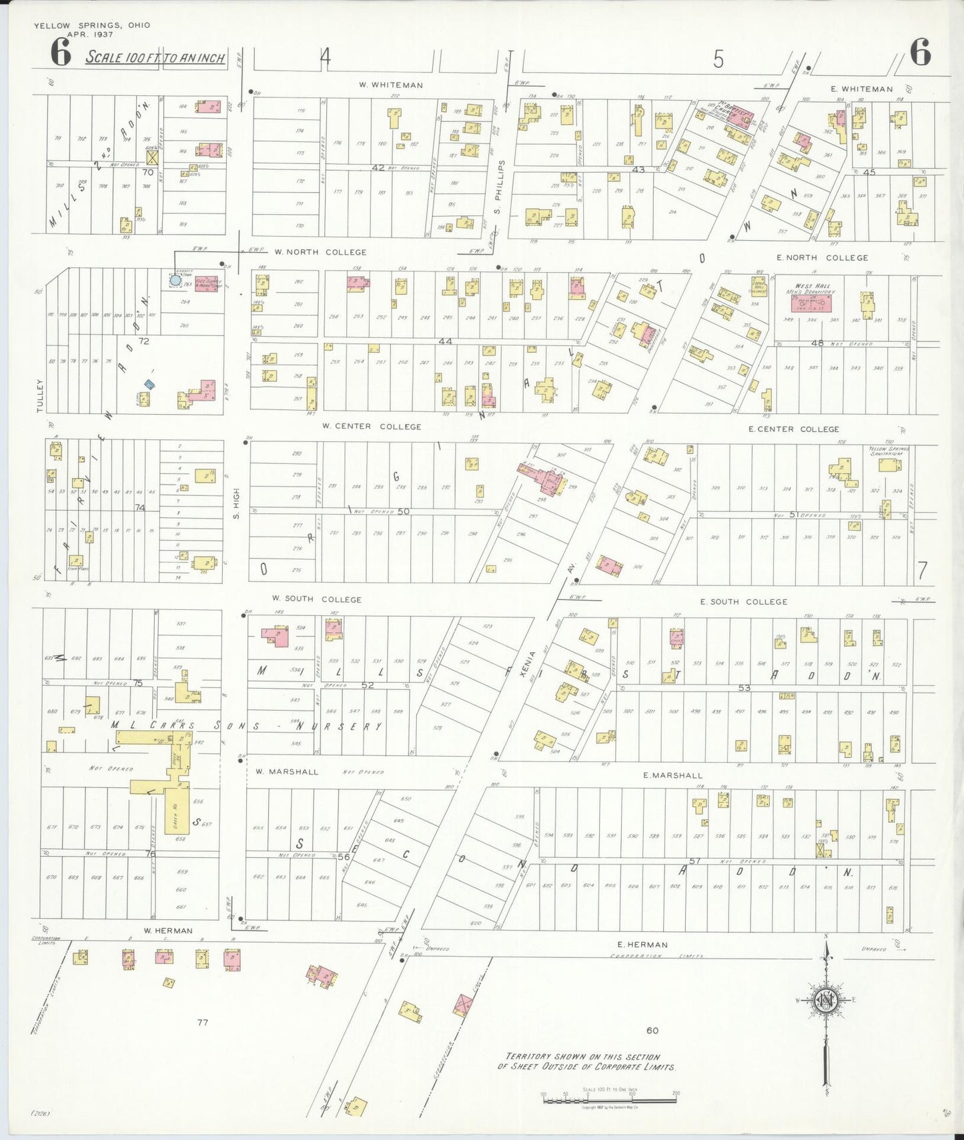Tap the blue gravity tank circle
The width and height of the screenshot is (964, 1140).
tap(175, 281)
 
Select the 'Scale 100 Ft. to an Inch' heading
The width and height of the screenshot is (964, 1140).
tap(156, 57)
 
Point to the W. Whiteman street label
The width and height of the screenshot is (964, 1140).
tap(390, 85)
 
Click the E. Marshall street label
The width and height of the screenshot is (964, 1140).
tap(672, 775)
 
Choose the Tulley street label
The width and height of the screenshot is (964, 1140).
tap(40, 395)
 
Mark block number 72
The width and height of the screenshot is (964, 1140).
tap(143, 341)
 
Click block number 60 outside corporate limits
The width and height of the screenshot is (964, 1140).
tap(652, 1030)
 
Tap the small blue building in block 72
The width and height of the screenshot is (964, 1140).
tap(150, 383)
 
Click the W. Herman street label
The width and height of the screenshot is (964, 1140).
tap(168, 931)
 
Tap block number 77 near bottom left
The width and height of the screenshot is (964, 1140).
tap(202, 1022)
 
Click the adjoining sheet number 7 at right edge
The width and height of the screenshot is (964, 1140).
tap(922, 571)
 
